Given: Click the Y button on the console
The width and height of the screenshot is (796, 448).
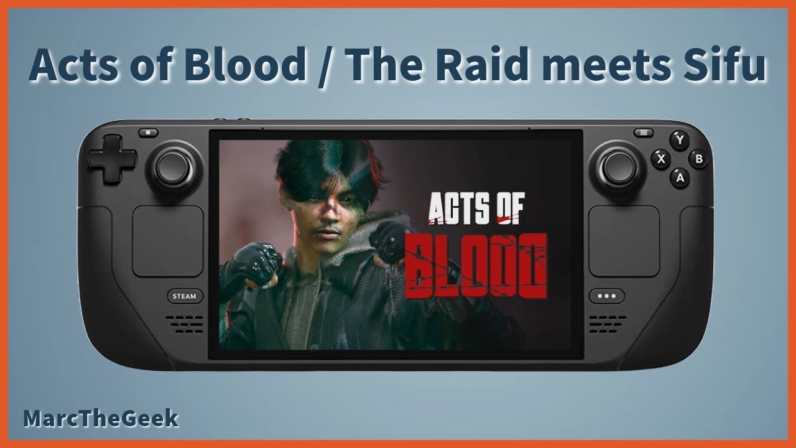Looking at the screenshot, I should coord(680,140).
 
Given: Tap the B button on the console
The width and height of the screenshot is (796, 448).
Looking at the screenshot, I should coord(699,159).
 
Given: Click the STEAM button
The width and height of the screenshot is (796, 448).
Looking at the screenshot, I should coord(184,296).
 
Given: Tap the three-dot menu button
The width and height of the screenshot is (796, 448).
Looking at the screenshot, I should coord(606,296).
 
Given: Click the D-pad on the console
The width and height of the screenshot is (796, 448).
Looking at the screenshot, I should coord(112,158).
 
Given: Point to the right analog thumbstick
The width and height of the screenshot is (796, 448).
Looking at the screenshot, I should coord(619,167).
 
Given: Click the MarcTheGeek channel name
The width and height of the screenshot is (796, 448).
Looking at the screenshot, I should coord(101,419).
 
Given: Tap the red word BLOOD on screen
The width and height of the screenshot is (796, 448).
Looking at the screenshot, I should coord(476,266).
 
